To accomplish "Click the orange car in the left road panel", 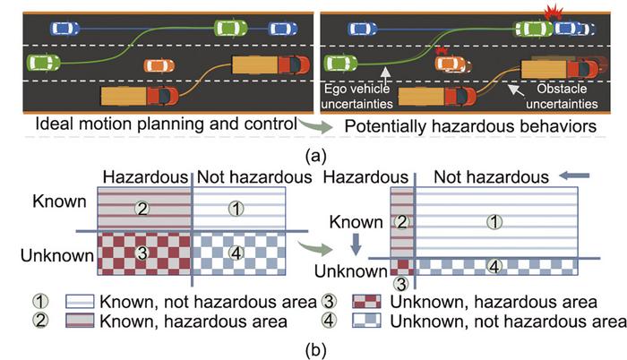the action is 159,65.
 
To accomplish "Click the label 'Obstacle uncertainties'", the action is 562,97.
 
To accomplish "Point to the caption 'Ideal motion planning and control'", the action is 166,124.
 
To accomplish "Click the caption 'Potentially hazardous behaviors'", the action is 470,126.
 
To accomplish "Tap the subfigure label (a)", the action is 315,155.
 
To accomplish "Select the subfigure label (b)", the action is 315,350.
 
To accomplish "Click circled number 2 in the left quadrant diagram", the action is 142,209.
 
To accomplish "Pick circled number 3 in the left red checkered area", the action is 142,253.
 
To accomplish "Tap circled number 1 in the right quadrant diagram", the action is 494,221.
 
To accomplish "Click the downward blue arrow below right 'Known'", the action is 356,244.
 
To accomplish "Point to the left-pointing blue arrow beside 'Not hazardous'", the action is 574,176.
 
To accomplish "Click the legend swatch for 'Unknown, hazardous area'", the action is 366,302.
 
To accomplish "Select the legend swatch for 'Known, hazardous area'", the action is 80,321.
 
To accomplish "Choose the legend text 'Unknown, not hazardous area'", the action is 508,321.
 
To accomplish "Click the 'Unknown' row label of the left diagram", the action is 57,255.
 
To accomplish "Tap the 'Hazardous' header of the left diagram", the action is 145,177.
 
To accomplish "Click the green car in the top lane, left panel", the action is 231,28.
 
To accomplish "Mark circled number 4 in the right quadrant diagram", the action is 494,266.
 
